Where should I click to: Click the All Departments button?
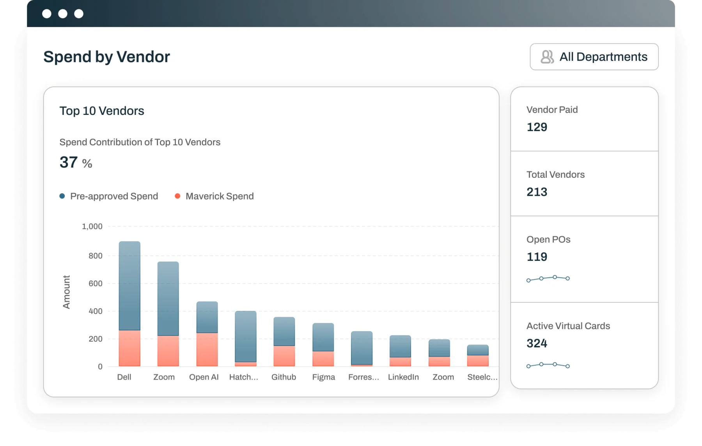594,57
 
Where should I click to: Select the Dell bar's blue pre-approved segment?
129,286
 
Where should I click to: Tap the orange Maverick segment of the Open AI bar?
207,350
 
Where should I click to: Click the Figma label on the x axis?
324,377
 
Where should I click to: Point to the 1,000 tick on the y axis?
92,227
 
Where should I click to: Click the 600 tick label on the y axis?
96,284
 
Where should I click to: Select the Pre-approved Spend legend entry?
109,196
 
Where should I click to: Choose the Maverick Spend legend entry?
214,196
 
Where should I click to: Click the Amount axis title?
67,292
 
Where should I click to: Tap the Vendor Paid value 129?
537,127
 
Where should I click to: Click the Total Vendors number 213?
537,192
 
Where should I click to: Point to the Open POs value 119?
537,257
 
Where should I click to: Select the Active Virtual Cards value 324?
537,343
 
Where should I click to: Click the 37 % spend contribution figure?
76,162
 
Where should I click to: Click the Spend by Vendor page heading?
107,57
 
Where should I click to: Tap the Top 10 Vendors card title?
102,111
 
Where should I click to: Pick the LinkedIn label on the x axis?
403,377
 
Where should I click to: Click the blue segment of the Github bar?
284,331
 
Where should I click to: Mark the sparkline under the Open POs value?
548,278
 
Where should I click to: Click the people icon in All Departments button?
547,57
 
